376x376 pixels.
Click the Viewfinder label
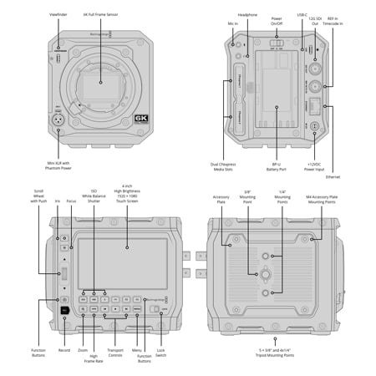[58, 14]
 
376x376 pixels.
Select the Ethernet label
[333, 176]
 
